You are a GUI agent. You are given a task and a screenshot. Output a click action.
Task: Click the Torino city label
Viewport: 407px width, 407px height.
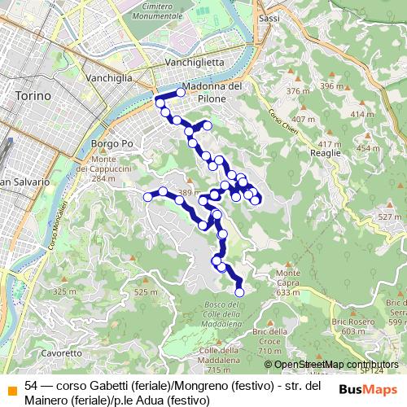coord(33,95)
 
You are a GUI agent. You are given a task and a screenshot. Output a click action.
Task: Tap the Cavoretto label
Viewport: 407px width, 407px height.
coord(62,353)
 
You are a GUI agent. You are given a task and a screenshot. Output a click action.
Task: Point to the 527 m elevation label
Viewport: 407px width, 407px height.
coord(390,217)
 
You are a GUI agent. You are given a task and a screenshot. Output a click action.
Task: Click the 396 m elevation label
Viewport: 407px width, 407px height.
coord(331,85)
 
